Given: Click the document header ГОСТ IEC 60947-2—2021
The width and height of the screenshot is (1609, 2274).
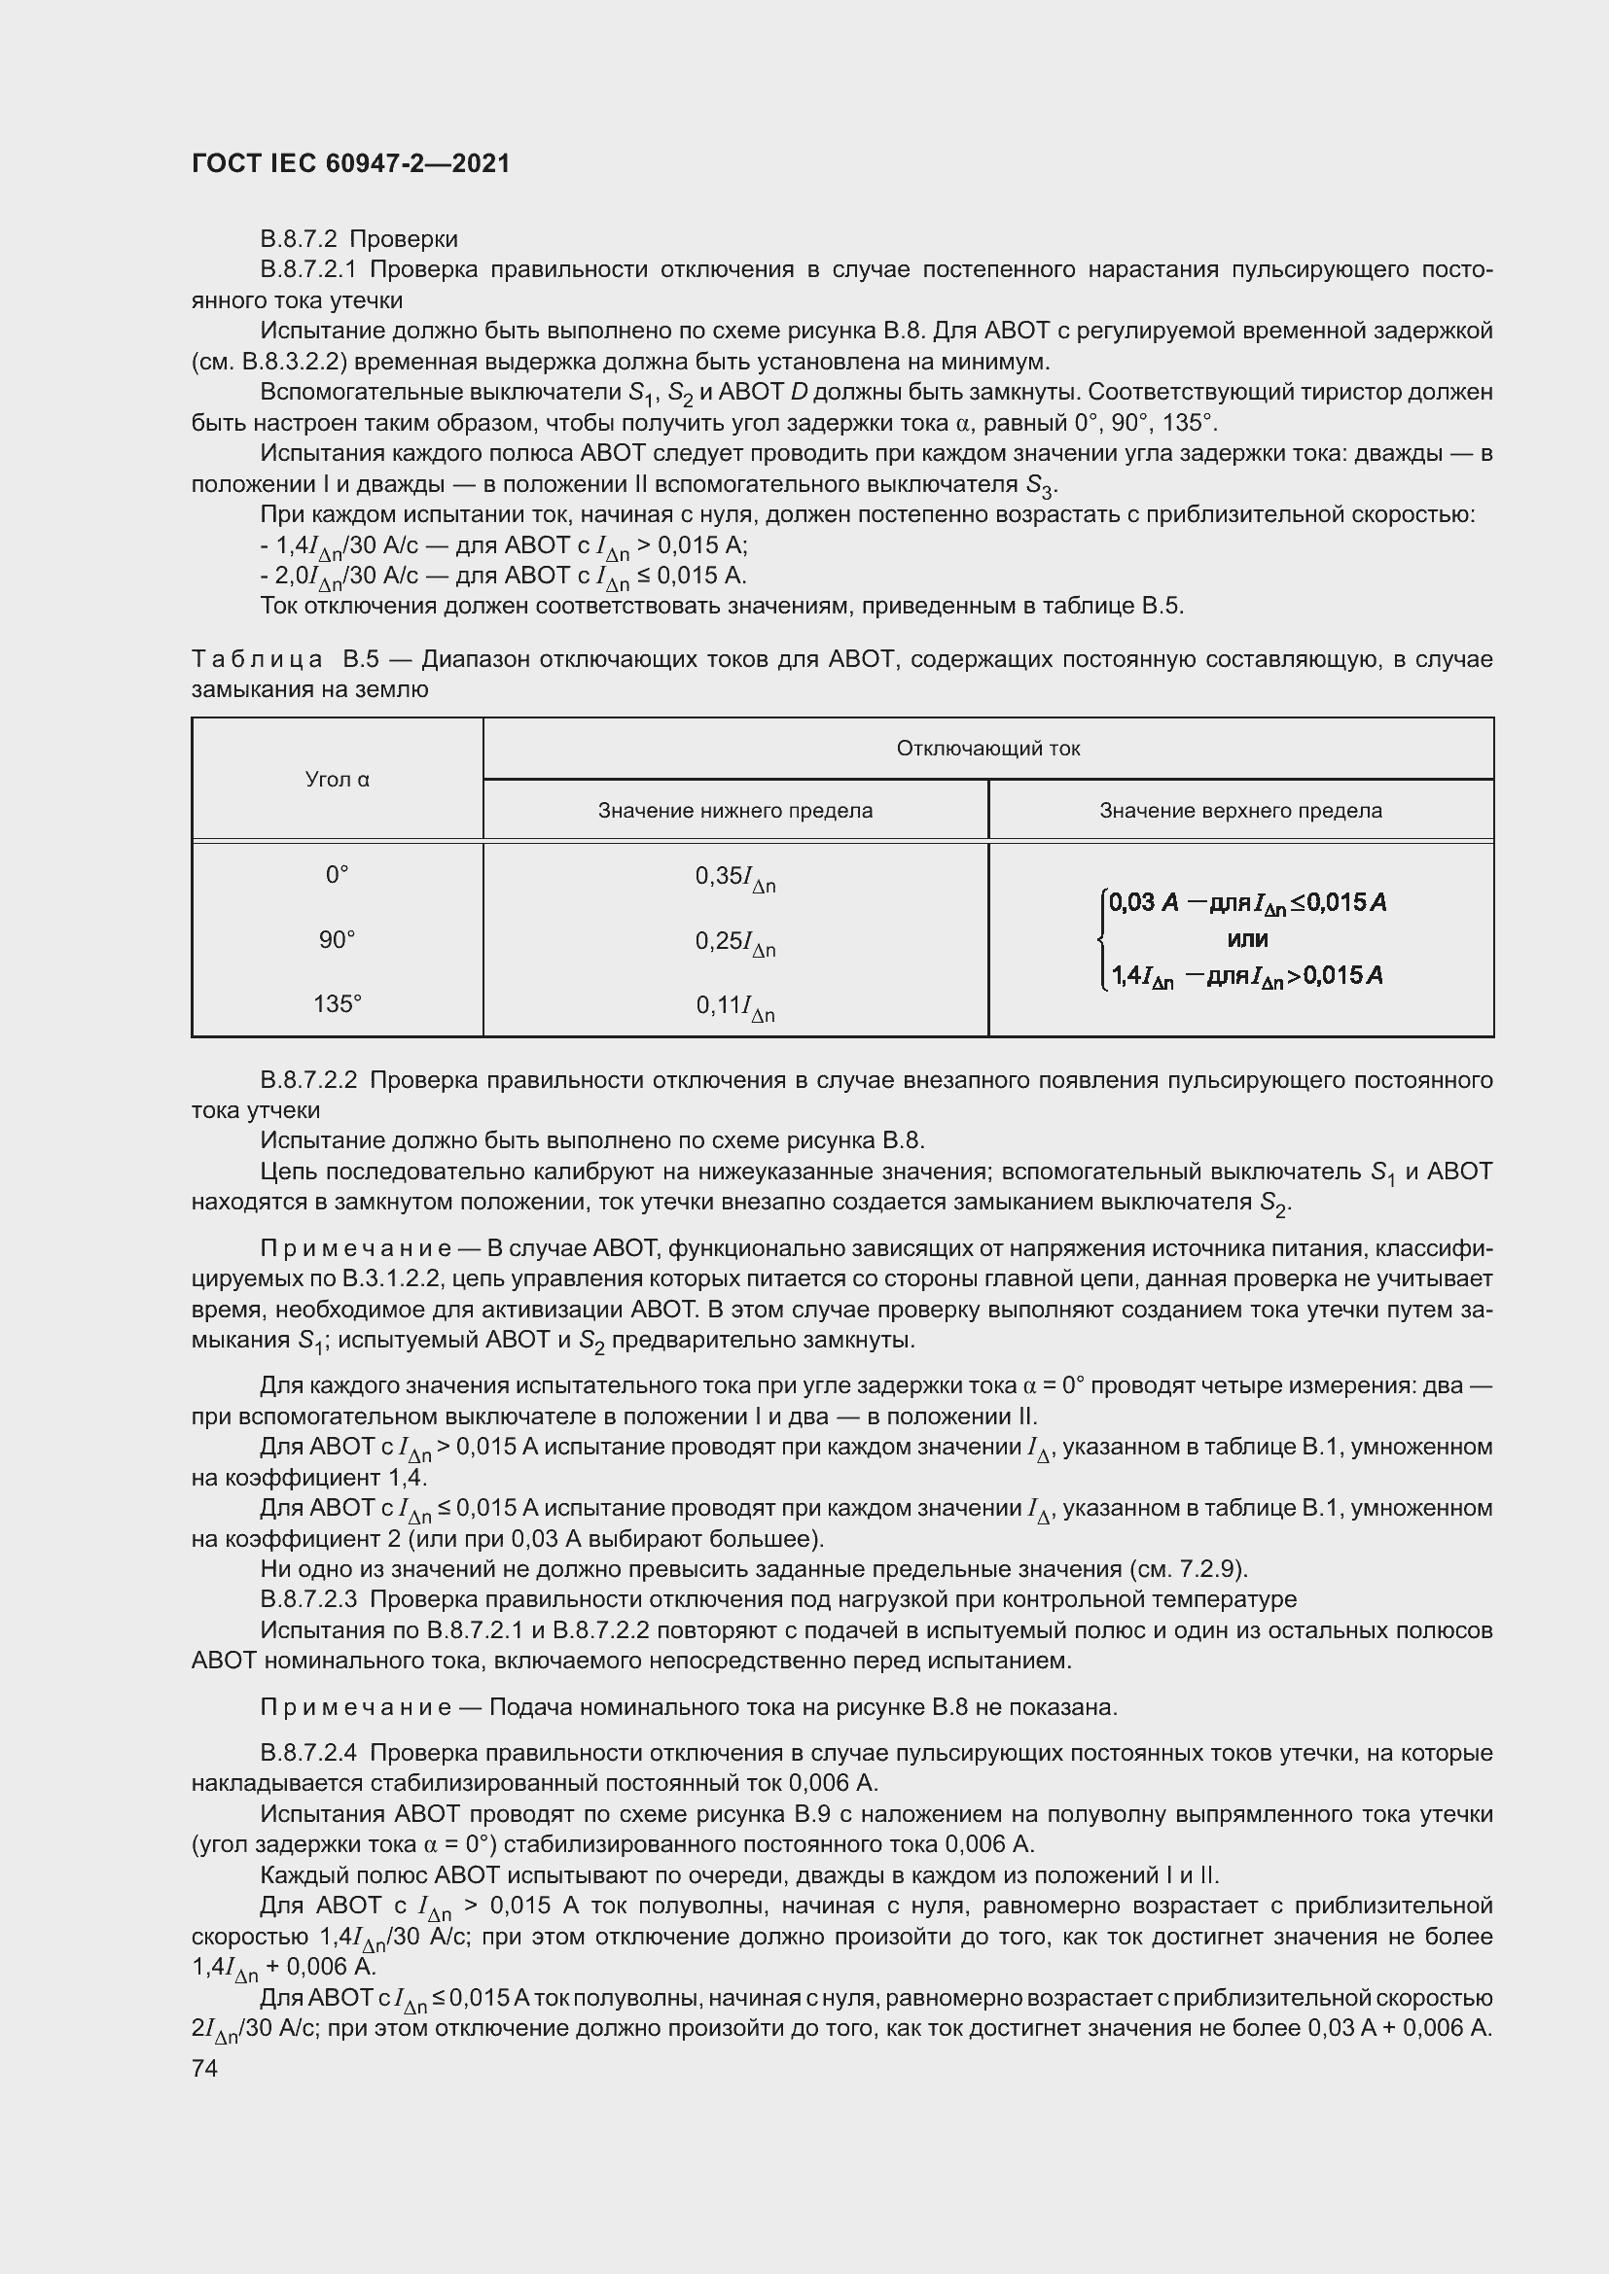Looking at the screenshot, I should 351,163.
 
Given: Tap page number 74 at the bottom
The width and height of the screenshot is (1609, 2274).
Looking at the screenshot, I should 204,2068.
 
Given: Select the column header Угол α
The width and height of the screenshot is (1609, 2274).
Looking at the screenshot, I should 337,780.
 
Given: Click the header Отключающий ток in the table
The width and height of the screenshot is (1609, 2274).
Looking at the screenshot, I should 987,749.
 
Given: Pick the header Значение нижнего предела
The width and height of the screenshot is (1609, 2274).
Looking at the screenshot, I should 735,811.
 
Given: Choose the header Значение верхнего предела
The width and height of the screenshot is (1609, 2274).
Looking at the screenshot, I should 1240,811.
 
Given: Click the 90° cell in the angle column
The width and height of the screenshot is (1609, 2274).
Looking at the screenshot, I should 337,940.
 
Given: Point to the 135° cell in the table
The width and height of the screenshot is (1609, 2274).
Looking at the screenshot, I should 337,1004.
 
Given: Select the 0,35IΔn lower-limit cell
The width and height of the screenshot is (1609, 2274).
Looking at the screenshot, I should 735,878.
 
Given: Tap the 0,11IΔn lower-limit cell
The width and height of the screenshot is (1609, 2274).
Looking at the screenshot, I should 735,1007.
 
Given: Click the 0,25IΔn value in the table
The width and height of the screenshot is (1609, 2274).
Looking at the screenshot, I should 735,943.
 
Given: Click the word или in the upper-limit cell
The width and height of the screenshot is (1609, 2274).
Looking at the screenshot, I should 1247,939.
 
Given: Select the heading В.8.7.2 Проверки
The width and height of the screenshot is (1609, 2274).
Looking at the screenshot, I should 359,239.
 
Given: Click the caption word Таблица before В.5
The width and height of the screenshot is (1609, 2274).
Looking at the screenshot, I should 257,659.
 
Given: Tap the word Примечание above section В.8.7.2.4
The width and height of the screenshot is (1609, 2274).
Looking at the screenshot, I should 356,1707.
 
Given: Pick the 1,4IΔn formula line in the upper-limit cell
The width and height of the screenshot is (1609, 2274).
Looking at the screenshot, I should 1245,976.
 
